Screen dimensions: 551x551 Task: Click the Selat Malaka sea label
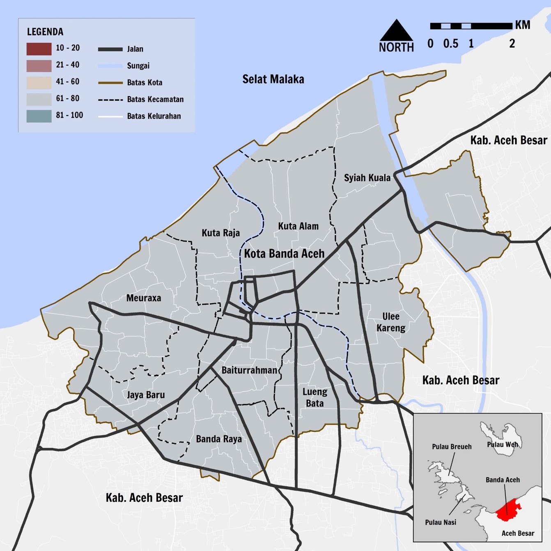[x=273, y=79]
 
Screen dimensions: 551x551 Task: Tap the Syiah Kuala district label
[x=367, y=178]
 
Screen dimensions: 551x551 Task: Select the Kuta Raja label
[x=220, y=233]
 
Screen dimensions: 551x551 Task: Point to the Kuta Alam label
[x=298, y=226]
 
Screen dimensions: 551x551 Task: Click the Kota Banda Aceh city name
[x=284, y=254]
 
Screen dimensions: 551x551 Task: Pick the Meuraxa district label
[x=143, y=298]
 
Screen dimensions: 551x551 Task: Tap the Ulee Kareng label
[x=391, y=322]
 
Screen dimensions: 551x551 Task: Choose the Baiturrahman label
[x=249, y=370]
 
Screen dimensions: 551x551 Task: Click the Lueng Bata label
[x=315, y=397]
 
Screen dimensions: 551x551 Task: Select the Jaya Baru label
[x=146, y=395]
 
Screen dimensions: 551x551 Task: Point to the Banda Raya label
[x=219, y=439]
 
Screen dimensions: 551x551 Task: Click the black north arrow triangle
[x=396, y=31]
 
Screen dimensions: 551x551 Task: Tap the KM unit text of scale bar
[x=523, y=25]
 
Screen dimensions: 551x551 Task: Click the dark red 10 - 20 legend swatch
[x=39, y=49]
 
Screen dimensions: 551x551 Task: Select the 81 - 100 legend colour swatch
[x=39, y=116]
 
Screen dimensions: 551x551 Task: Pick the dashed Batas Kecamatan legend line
[x=110, y=100]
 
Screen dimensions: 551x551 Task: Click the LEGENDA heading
[x=45, y=32]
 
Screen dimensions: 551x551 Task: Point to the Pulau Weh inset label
[x=502, y=445]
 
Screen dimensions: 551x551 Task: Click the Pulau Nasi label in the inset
[x=441, y=522]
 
